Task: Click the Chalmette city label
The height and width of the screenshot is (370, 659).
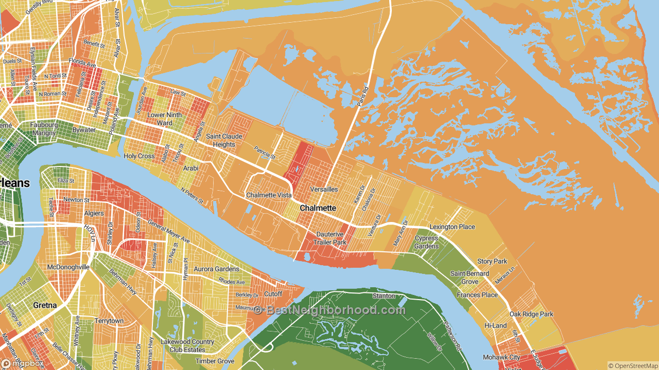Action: pos(318,208)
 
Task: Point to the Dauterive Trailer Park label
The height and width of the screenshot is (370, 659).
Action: pos(329,238)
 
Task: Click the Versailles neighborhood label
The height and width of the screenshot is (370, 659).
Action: pos(324,189)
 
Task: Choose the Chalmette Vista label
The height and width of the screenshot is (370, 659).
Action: pos(269,195)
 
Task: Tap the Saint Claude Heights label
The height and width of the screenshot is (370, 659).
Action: pos(220,140)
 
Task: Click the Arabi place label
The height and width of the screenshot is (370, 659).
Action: pos(190,168)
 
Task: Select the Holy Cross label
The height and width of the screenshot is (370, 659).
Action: pos(139,156)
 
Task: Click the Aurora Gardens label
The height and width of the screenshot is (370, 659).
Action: pos(216,269)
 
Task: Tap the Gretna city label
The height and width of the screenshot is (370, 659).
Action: pos(45,305)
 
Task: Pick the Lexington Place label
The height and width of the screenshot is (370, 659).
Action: pos(452,227)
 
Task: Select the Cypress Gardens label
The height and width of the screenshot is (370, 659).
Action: pos(426,242)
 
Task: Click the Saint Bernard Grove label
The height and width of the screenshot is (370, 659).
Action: pos(470,277)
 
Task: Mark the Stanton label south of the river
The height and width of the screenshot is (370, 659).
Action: pos(384,295)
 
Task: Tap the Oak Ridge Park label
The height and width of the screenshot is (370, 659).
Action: pos(531,314)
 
